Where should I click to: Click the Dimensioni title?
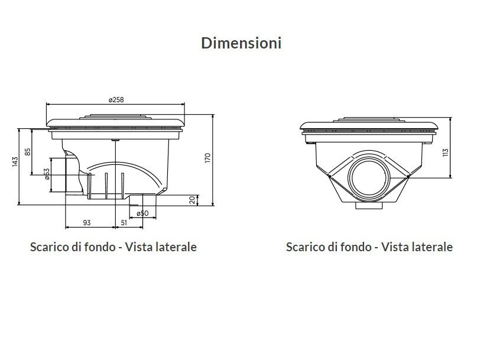241,43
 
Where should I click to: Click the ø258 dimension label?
116,100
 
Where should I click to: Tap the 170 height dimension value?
208,158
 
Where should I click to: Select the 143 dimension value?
15,161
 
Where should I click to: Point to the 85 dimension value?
28,152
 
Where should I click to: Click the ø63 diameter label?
47,174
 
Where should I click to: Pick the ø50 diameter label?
142,213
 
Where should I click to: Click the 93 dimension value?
87,222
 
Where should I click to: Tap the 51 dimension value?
124,222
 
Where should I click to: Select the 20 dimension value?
193,200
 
